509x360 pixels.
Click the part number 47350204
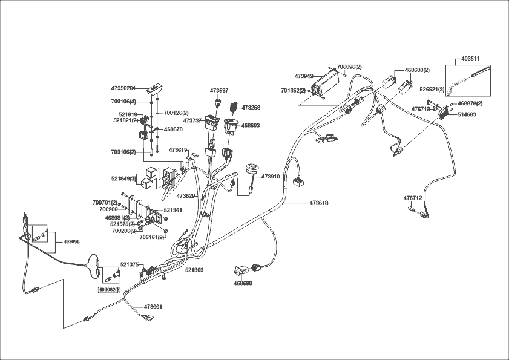(123, 88)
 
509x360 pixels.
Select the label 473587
(219, 90)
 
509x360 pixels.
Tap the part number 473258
(251, 108)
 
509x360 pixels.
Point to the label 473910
(271, 177)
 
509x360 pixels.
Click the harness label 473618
(319, 203)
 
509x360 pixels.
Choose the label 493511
(470, 59)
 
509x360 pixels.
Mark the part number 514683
(467, 114)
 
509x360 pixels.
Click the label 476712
(413, 198)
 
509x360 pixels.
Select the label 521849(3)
(123, 178)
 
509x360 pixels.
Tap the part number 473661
(153, 307)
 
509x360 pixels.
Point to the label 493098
(71, 241)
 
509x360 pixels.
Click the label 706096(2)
(349, 67)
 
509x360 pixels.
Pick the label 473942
(304, 77)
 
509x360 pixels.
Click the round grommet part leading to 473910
(249, 169)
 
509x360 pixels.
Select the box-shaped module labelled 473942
(327, 82)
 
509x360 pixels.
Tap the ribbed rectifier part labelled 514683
(447, 113)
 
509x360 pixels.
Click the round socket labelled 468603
(231, 125)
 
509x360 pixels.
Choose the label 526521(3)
(432, 90)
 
